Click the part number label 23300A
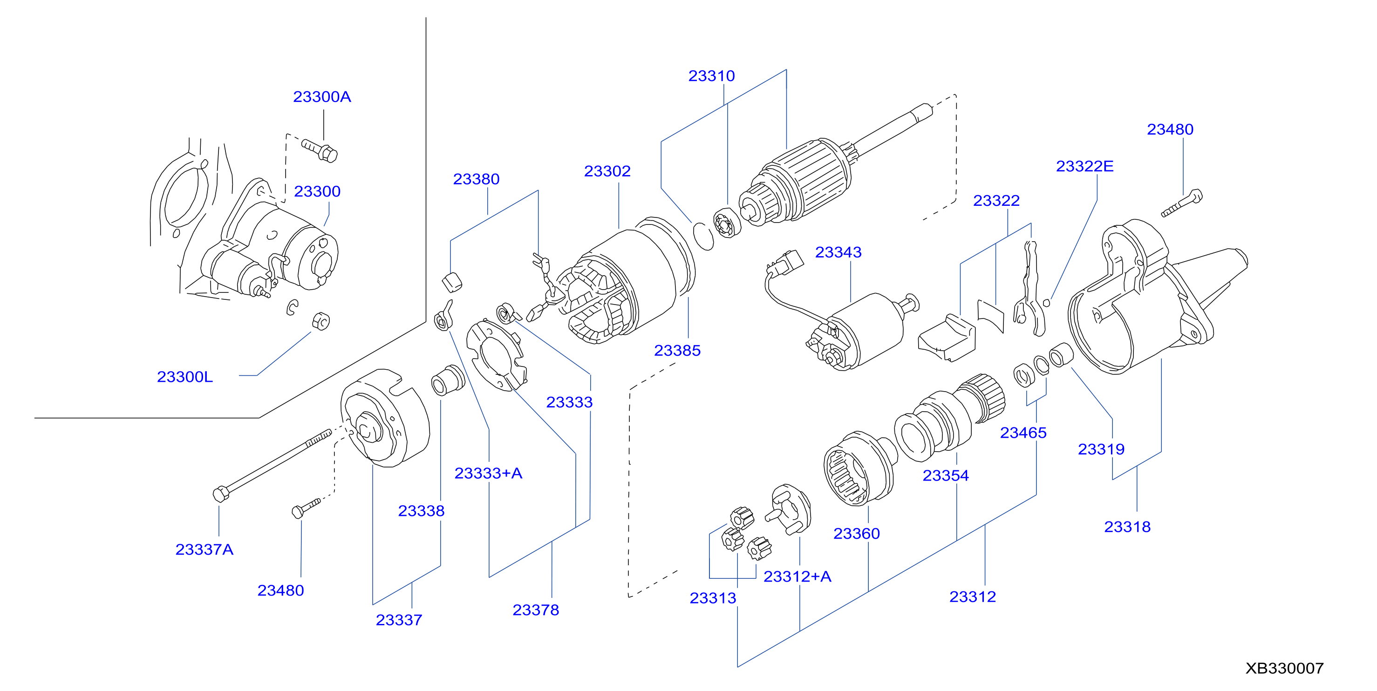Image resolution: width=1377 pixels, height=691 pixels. pos(322,97)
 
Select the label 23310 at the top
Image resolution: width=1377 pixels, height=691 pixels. pos(711,76)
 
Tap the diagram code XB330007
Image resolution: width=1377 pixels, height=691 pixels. pos(1284,668)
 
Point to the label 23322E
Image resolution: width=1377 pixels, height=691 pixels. pos(1084,166)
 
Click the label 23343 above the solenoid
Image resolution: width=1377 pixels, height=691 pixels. pos(838,252)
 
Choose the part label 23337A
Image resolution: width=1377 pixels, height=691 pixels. pos(204,549)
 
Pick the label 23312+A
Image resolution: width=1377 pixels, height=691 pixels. pos(797,576)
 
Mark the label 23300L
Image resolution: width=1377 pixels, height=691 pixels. pos(185,377)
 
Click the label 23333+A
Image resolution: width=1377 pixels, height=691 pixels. pos(488,473)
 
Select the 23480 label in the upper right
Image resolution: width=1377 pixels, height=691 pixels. pos(1170,129)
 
